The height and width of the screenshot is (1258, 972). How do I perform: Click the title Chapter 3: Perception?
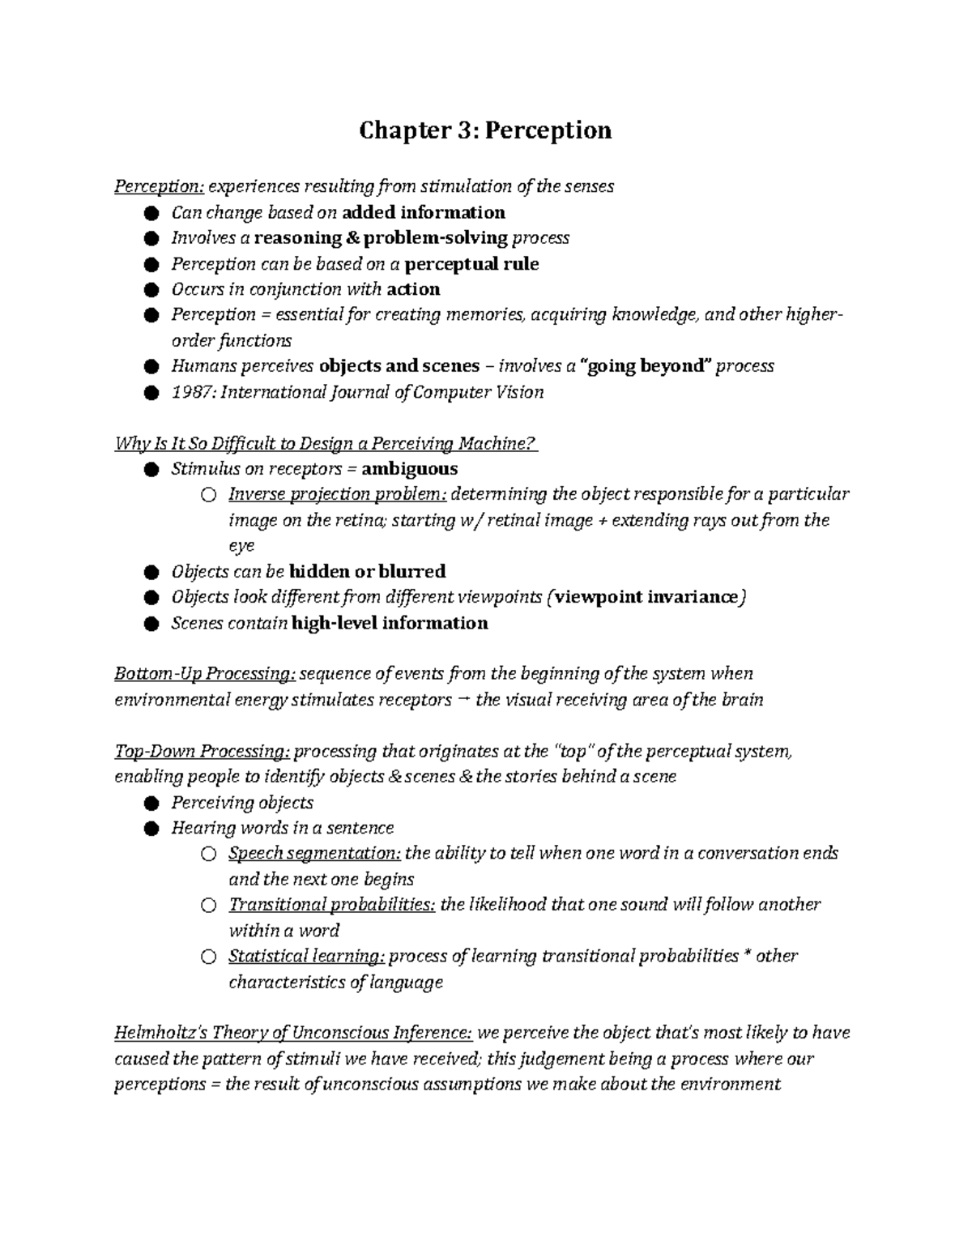point(485,130)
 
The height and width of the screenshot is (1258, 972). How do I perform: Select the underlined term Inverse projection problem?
point(337,495)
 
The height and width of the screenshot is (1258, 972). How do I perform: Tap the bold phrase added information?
point(424,213)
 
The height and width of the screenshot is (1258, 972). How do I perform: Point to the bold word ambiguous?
point(409,469)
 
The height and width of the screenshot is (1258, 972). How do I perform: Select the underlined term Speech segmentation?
point(314,854)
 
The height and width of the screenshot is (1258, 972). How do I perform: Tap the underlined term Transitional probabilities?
point(332,905)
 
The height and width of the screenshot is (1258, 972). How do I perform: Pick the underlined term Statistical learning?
point(306,957)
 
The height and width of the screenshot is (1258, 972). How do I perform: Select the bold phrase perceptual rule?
point(471,265)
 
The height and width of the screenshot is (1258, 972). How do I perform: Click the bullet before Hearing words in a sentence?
point(151,829)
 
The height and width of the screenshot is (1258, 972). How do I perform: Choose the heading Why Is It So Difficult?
point(326,444)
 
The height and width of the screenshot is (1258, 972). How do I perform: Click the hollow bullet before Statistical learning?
point(209,957)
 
